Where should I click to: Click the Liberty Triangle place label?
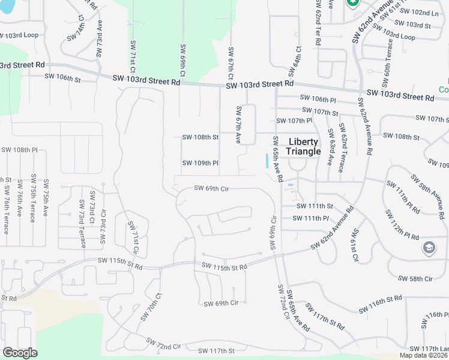(304, 146)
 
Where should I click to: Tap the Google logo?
(20, 353)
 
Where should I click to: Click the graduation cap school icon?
(429, 248)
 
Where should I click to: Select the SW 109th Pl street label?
(200, 163)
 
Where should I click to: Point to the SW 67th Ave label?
(238, 125)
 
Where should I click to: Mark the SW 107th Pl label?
(294, 121)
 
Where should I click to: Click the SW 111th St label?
(315, 206)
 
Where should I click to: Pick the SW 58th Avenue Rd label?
(429, 196)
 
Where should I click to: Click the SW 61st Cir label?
(355, 246)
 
